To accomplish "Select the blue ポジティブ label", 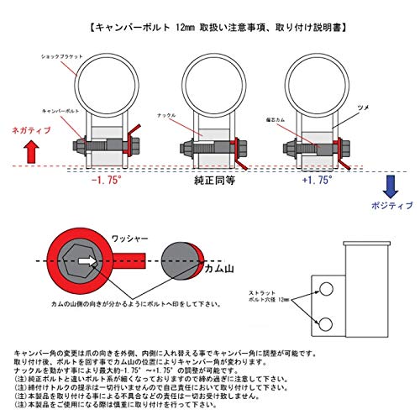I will pyautogui.click(x=391, y=204).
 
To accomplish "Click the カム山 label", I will pyautogui.click(x=220, y=267).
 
